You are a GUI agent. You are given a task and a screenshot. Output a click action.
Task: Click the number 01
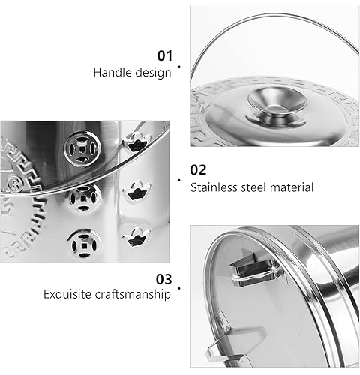pos(163,55)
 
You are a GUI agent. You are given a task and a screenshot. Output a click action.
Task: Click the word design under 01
pos(153,73)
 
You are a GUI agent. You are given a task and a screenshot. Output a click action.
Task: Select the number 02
pos(199,169)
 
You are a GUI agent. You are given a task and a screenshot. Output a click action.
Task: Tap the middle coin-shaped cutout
pos(80,198)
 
